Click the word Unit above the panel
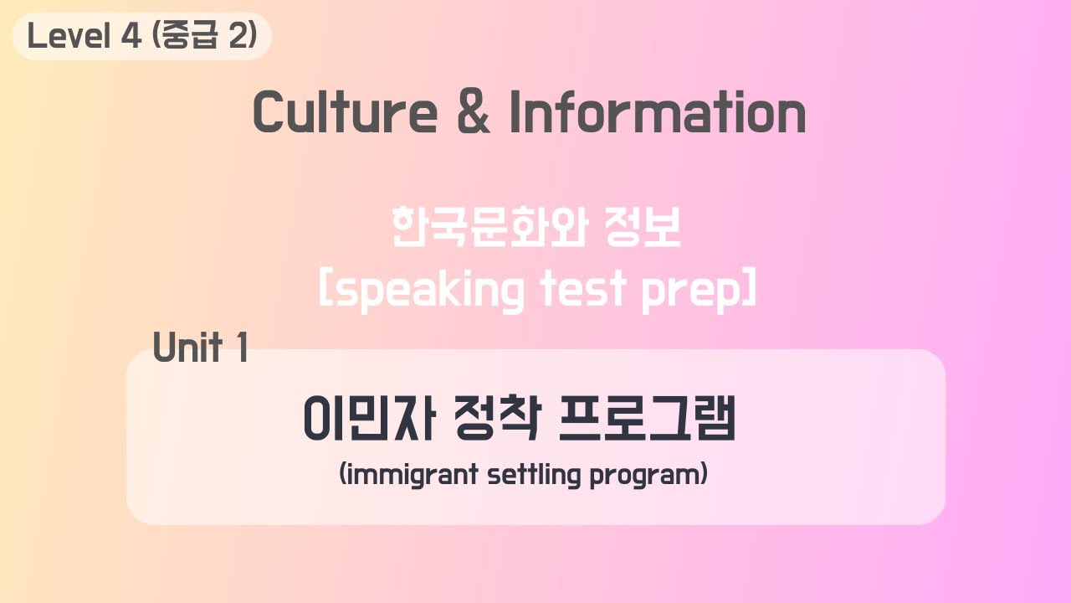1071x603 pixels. pos(187,347)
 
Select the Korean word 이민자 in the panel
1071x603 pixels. pos(368,420)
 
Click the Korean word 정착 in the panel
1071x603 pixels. pos(495,420)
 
